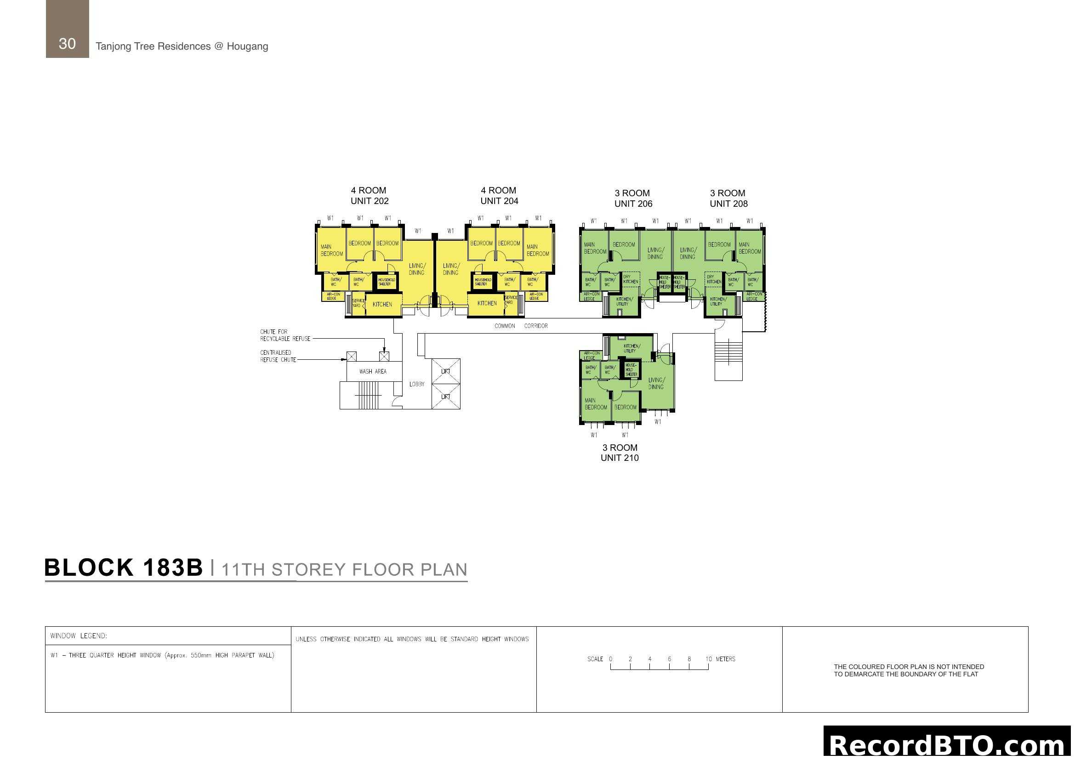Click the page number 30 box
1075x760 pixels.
point(67,29)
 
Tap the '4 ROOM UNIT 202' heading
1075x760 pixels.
point(369,196)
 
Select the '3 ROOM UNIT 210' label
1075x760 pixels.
point(620,453)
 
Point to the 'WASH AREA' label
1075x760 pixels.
point(373,372)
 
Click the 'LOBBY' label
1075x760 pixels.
point(417,384)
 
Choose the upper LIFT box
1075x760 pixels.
point(446,372)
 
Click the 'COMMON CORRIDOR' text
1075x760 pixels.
point(521,326)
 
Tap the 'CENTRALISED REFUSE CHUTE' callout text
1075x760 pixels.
point(278,356)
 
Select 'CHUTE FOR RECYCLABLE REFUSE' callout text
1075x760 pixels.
point(284,335)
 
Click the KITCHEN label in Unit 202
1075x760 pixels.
point(382,305)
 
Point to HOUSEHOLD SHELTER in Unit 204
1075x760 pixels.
point(482,282)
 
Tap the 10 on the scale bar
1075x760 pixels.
point(708,659)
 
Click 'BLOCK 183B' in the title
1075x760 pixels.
point(124,567)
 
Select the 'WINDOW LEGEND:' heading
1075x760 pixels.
point(79,636)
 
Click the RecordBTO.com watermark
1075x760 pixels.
point(947,744)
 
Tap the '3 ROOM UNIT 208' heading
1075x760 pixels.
point(728,199)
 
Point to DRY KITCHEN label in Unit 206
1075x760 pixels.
point(630,279)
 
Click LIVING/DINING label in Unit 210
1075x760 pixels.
point(656,383)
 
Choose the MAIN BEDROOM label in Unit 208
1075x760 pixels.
point(749,248)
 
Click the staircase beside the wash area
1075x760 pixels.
point(368,396)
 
